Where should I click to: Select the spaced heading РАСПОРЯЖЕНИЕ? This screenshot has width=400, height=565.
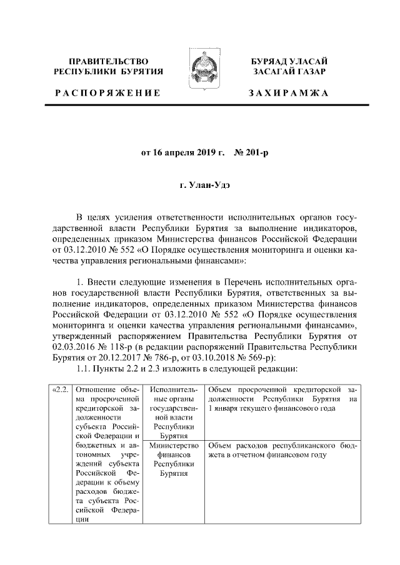[109, 93]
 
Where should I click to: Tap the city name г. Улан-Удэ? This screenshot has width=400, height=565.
[199, 185]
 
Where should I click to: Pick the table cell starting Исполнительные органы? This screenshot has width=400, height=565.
[174, 413]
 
